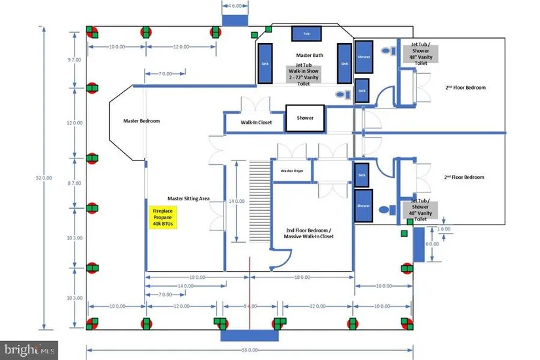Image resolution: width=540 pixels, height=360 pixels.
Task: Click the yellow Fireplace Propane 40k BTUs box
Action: click(162, 217)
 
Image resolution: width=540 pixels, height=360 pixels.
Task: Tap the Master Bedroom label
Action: click(141, 121)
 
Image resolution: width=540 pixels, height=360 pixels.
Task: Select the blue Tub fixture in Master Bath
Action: click(306, 33)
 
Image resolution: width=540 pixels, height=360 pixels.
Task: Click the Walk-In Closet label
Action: click(256, 122)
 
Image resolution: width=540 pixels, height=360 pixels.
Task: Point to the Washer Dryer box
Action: click(292, 171)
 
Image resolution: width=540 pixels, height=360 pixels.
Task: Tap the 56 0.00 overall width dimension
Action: click(249, 351)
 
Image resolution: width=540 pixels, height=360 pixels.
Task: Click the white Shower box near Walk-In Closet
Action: click(304, 118)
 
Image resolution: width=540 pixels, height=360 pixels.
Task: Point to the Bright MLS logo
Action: click(29, 350)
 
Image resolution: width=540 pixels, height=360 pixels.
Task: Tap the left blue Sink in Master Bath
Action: click(265, 63)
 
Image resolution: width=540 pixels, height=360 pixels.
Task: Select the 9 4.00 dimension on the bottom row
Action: click(250, 306)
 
